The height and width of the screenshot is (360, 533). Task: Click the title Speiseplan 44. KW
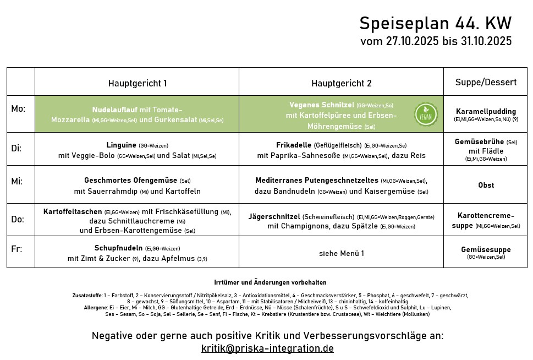[x=435, y=24]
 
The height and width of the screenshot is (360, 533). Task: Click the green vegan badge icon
[x=426, y=114]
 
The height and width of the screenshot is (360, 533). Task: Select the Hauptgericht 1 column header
[x=137, y=83]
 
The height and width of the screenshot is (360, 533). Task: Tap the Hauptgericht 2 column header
[x=341, y=83]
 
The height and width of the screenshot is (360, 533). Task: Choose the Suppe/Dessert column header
[x=486, y=83]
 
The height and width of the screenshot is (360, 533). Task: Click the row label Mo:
[x=18, y=109]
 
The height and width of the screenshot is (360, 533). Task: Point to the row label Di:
[x=17, y=148]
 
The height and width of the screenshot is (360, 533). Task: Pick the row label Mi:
[x=17, y=181]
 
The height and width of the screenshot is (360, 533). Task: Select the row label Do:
[x=18, y=219]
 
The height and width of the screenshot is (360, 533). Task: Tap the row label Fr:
[x=17, y=249]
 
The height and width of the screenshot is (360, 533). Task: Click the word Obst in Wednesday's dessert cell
[x=486, y=185]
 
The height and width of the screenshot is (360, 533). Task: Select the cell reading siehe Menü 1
[x=341, y=254]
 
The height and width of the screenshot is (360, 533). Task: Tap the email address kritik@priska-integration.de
[x=267, y=348]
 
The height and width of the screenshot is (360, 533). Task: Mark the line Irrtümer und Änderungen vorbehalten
[x=270, y=282]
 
